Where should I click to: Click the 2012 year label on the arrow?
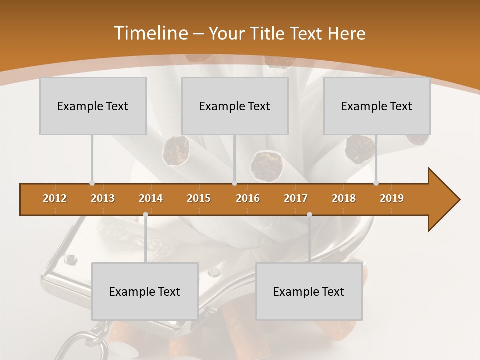[55, 198]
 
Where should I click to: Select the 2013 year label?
[103, 198]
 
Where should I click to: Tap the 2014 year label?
[151, 198]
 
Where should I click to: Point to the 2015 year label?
[199, 198]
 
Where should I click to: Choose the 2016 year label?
[248, 198]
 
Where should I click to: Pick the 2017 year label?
[296, 198]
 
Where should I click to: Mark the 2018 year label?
[344, 198]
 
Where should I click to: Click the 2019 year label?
[392, 198]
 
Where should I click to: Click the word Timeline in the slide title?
[150, 33]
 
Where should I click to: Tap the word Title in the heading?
[268, 34]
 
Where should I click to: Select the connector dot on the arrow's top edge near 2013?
[92, 183]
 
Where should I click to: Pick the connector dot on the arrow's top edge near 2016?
[234, 183]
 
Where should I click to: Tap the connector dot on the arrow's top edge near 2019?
[376, 183]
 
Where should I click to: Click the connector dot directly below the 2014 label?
[145, 215]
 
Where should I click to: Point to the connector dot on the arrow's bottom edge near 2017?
[309, 215]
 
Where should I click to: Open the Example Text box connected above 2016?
[235, 106]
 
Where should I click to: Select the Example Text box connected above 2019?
[377, 106]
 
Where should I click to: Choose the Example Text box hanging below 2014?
[145, 291]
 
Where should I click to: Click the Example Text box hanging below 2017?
[309, 291]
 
